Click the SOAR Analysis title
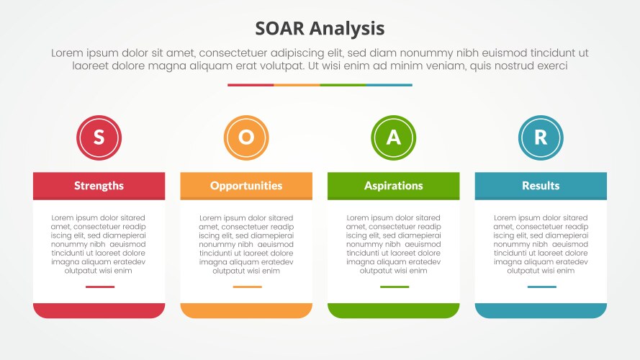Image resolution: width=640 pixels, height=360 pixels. click(320, 28)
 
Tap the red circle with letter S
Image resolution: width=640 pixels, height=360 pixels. click(99, 138)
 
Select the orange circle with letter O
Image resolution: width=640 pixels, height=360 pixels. click(246, 138)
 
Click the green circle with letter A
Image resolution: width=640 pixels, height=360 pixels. click(393, 138)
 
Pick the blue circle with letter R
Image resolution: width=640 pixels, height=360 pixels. click(541, 138)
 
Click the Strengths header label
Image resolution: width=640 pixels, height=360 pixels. click(99, 186)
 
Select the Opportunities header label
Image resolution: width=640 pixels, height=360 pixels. click(246, 186)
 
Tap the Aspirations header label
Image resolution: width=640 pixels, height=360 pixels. click(393, 186)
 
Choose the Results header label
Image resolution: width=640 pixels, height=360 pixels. click(541, 186)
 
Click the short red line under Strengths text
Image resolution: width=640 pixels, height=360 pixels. click(99, 287)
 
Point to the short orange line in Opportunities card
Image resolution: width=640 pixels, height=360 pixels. click(247, 287)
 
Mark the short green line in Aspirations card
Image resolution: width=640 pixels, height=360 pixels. click(394, 287)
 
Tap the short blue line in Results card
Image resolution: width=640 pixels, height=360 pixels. click(541, 287)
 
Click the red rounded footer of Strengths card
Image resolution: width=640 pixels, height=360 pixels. click(99, 310)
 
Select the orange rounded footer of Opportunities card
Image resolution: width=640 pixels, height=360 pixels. click(246, 310)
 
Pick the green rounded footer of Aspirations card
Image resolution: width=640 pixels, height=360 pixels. click(393, 310)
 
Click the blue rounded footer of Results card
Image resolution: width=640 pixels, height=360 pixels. click(541, 310)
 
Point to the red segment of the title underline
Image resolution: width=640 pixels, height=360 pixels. click(251, 85)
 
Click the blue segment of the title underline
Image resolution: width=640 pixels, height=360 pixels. click(389, 85)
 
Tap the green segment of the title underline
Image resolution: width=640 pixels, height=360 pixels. click(343, 85)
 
